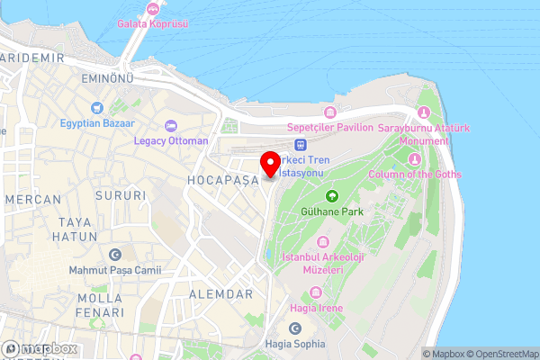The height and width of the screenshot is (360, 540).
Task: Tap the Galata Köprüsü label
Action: click(153, 24)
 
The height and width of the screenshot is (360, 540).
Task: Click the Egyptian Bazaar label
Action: click(98, 123)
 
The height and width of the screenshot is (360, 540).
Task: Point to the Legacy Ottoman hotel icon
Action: click(170, 126)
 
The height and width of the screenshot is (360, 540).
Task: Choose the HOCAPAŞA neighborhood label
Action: click(222, 180)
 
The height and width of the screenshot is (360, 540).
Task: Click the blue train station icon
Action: click(301, 144)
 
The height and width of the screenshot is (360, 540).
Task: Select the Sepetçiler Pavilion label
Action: click(329, 128)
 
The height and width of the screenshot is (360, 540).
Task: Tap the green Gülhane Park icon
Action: click(331, 195)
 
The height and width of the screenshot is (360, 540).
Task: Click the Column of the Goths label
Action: click(415, 174)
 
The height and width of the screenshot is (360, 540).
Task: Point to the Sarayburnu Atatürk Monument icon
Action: click(423, 112)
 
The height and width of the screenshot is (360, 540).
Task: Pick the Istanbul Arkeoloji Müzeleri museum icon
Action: click(323, 242)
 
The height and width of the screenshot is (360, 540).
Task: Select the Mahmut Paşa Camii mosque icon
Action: click(114, 255)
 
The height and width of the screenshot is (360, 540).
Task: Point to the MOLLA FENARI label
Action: click(100, 304)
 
